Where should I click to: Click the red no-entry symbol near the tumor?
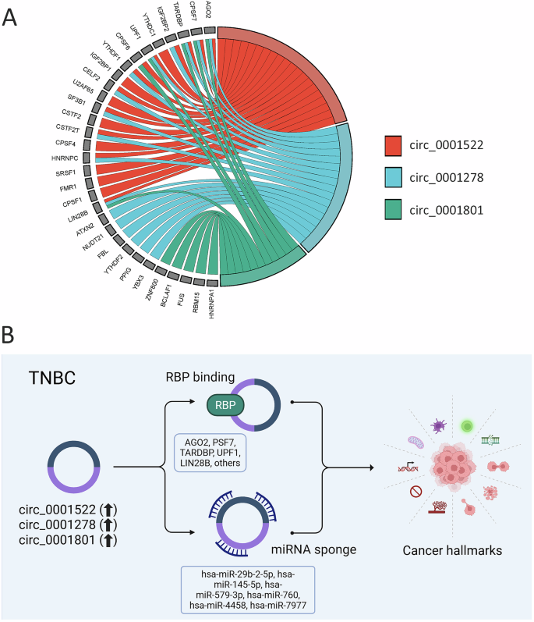click(413, 492)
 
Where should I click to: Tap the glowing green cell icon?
click(467, 425)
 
